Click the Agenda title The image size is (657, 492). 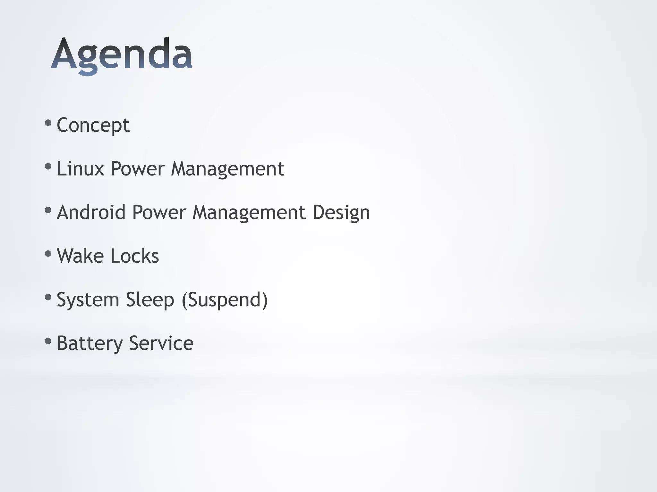pos(122,54)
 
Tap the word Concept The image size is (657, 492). pos(93,125)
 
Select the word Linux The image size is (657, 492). pos(80,168)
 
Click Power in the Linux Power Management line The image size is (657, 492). pos(137,168)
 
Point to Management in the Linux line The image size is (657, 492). pos(227,169)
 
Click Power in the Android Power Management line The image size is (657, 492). pos(159,212)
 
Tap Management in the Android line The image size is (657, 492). pos(249,213)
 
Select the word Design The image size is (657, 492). pos(341,213)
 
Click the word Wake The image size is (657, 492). pos(80,256)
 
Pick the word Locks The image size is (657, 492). pos(134,256)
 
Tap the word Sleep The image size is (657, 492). pos(150,300)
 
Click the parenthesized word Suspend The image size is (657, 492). pos(225,300)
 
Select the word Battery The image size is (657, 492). pos(90,343)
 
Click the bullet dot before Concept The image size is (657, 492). pos(48,123)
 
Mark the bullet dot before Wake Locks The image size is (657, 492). pos(48,254)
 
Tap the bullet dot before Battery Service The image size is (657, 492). pos(48,341)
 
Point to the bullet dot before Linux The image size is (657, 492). pos(48,166)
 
